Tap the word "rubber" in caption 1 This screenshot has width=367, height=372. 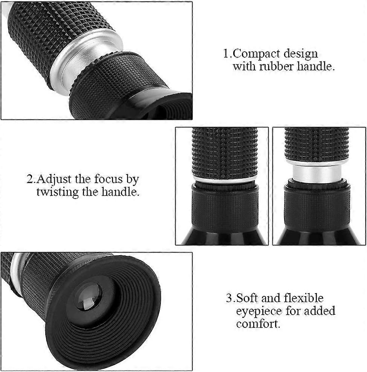pos(276,66)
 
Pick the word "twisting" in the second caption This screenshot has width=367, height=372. pos(57,192)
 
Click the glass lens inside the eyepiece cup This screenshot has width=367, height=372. pos(89,297)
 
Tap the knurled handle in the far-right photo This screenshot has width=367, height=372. pos(317,145)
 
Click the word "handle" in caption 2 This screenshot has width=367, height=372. pos(120,192)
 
